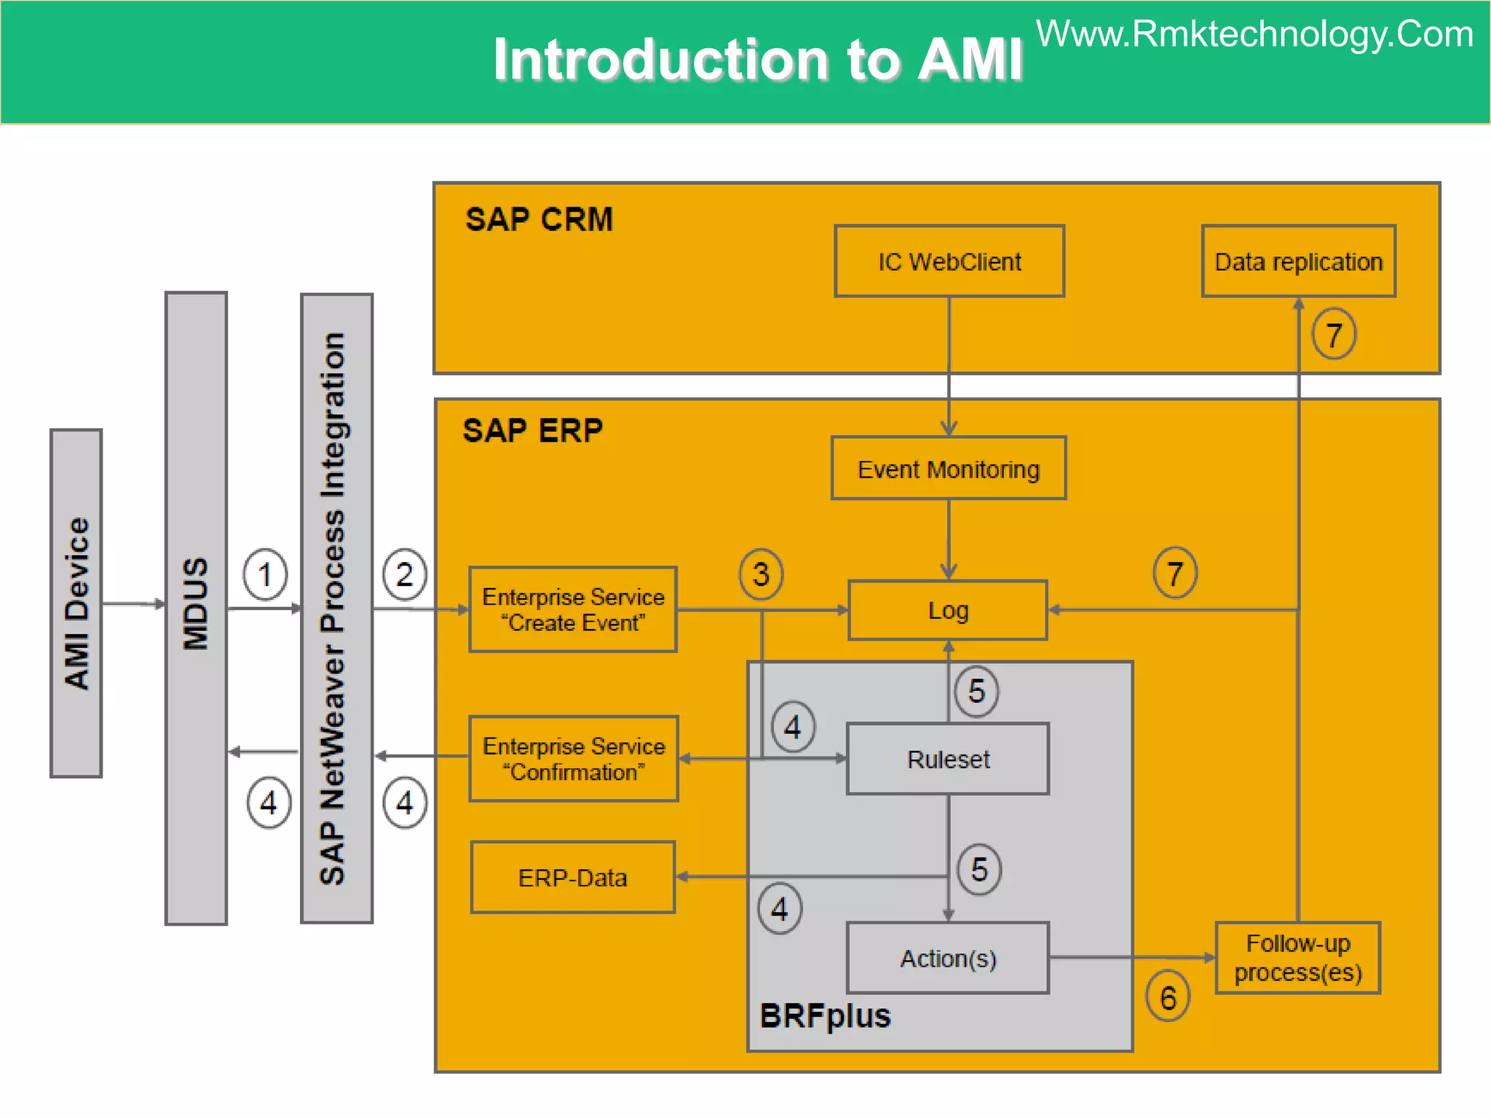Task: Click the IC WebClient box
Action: pos(949,261)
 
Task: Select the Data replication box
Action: pos(1298,261)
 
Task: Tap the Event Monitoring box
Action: pos(949,469)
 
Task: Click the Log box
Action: pos(948,610)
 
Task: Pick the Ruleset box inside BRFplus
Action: pos(948,759)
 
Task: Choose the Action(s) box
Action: pos(948,958)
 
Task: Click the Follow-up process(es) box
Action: pos(1298,958)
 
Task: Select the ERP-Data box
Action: pos(573,878)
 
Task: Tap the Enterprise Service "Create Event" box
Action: pos(573,610)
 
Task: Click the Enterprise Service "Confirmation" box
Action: pos(574,759)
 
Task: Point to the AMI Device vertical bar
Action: pos(76,603)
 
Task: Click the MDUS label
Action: pos(196,603)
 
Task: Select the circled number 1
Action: pos(265,574)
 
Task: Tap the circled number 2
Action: pos(405,574)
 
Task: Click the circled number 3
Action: pos(761,574)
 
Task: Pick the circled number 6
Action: pos(1168,997)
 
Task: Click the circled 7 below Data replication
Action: pos(1334,335)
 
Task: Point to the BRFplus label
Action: pos(825,1016)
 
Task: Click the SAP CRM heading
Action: pos(539,219)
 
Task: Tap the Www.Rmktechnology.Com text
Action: pos(1254,34)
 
